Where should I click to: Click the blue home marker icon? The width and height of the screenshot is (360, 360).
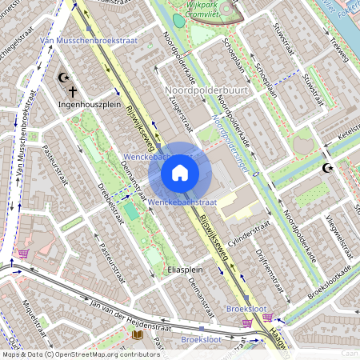click(x=180, y=172)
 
